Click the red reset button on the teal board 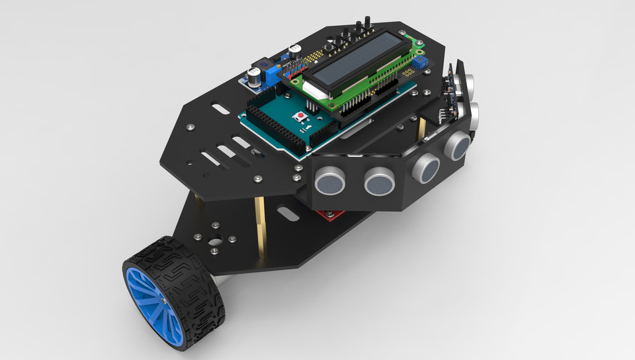click(302, 117)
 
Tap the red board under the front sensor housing click(331, 214)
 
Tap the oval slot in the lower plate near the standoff click(288, 214)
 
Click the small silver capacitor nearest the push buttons click(296, 50)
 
